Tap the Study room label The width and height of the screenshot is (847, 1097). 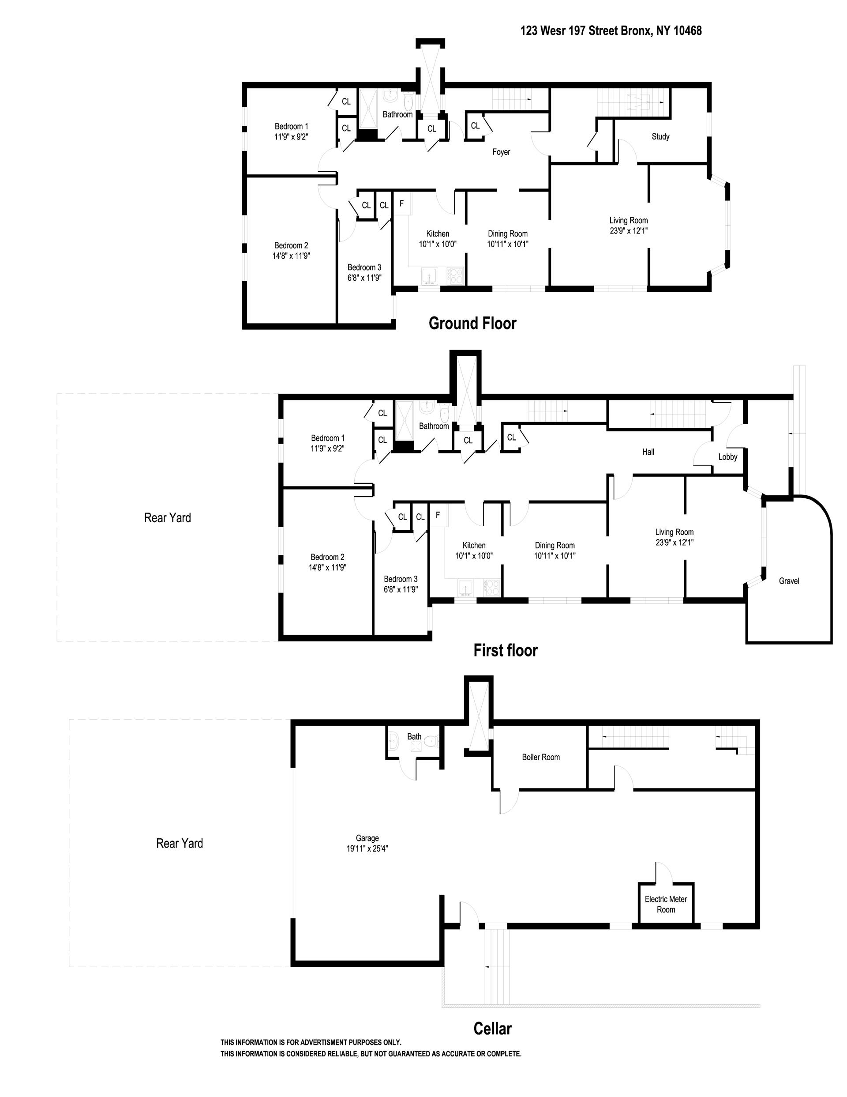coord(660,136)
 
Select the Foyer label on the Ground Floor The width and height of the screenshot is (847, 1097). coord(501,152)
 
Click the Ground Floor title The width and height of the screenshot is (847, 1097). coord(472,324)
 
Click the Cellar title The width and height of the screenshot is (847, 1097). coord(492,1028)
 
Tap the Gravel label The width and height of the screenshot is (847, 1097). coord(789,581)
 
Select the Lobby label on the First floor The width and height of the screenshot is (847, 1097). coord(727,457)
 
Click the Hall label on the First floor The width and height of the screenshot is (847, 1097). coord(648,452)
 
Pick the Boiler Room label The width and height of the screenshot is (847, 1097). coord(541,757)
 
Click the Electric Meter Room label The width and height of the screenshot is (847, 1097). coord(666,904)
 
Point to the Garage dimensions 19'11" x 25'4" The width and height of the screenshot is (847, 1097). coord(367,849)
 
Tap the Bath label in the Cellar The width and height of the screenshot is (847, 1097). coord(414,736)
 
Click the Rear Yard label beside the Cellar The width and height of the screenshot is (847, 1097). coord(179,843)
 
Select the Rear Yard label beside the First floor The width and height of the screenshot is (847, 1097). coord(167,518)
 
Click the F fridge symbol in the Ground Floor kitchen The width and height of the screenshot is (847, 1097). coord(401,204)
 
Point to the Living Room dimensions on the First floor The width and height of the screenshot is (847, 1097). coord(674,543)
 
